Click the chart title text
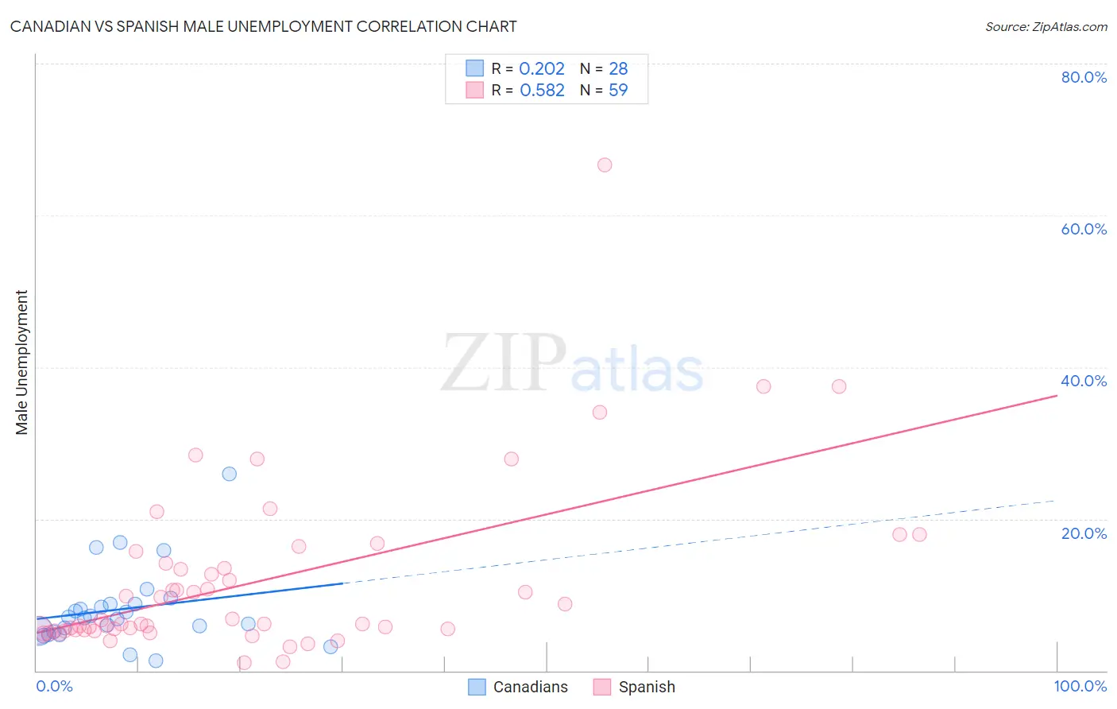tap(263, 26)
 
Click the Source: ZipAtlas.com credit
tap(1045, 26)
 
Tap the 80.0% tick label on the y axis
tap(1084, 77)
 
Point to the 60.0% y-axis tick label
tap(1084, 229)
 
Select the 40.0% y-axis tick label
tap(1084, 381)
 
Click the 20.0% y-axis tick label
tap(1084, 533)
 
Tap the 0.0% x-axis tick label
tap(54, 686)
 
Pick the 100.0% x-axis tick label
tap(1080, 686)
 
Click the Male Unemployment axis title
tap(22, 362)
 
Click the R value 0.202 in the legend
tap(541, 69)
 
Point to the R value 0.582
tap(542, 91)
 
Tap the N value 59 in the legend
tap(618, 91)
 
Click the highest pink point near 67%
tap(605, 165)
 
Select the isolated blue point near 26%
tap(230, 474)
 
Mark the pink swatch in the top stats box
tap(474, 90)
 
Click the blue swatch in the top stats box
tap(474, 68)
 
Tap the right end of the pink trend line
tap(1057, 395)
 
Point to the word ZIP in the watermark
tap(503, 363)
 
